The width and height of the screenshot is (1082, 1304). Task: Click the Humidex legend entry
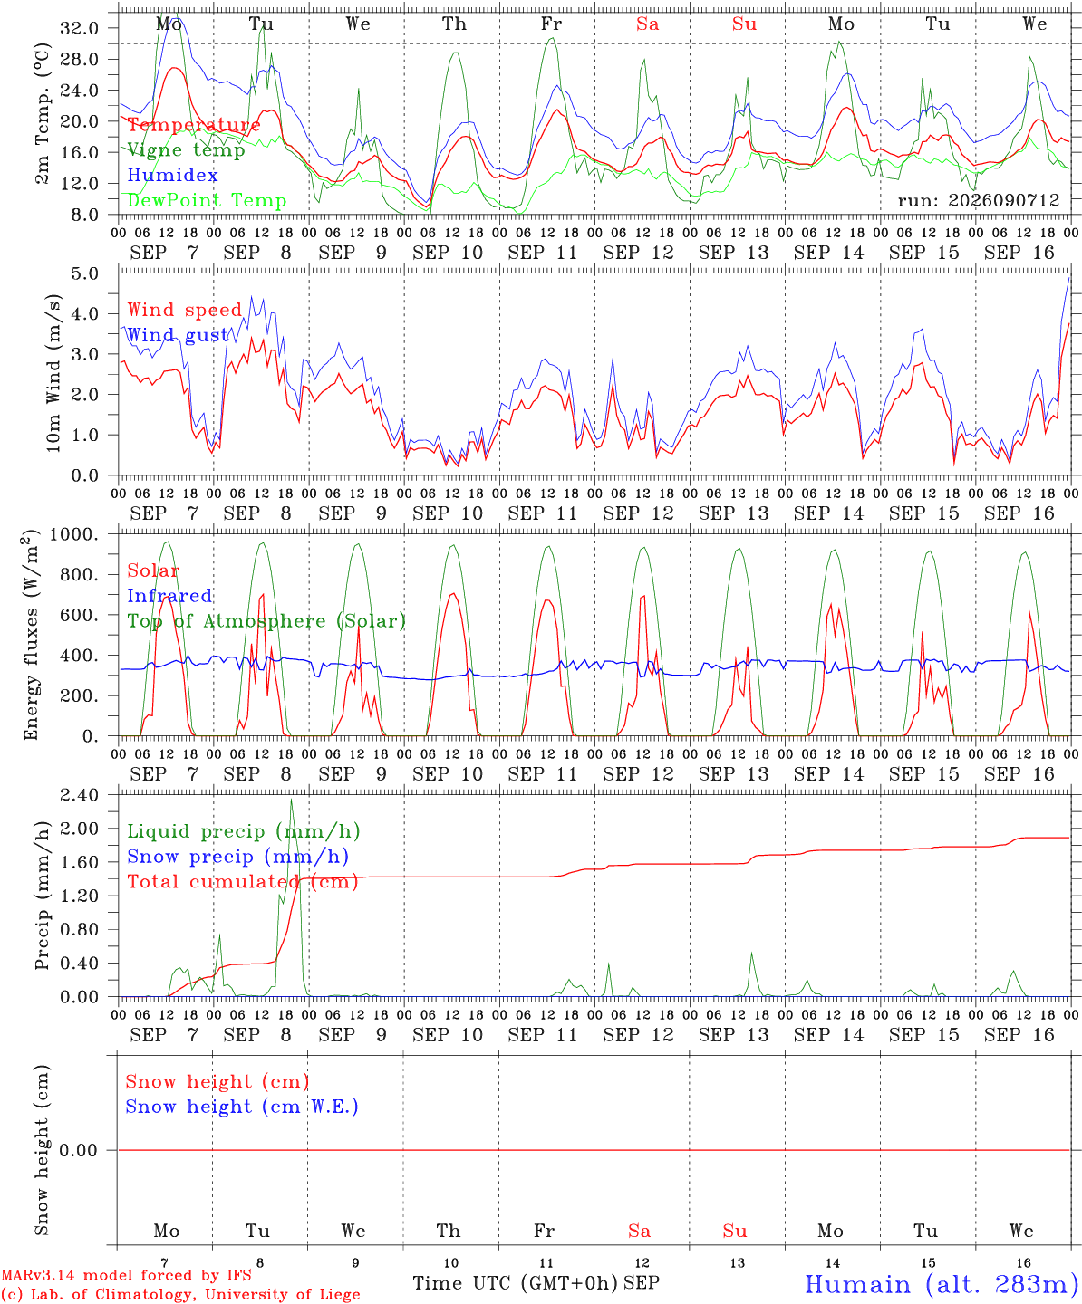pyautogui.click(x=172, y=175)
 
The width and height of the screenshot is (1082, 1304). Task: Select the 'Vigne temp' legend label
pyautogui.click(x=186, y=150)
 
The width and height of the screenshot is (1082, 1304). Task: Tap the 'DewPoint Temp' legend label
pyautogui.click(x=207, y=200)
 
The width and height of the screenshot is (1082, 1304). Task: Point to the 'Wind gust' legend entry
pyautogui.click(x=178, y=335)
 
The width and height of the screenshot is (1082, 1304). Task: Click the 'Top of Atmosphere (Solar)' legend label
pyautogui.click(x=266, y=621)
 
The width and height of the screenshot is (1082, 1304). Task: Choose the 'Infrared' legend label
pyautogui.click(x=169, y=596)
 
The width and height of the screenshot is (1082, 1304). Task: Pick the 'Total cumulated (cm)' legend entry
pyautogui.click(x=243, y=882)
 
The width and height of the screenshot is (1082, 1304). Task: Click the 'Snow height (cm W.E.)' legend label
pyautogui.click(x=242, y=1107)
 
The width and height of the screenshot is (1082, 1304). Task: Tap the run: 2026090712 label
pyautogui.click(x=979, y=200)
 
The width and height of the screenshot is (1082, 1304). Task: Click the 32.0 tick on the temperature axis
pyautogui.click(x=79, y=28)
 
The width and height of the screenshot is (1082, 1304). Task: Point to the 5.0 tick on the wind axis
pyautogui.click(x=84, y=273)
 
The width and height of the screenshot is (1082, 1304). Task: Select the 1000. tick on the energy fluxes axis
pyautogui.click(x=73, y=534)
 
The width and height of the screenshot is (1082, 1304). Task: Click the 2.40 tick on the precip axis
pyautogui.click(x=79, y=796)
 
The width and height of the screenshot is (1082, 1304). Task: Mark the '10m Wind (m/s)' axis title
pyautogui.click(x=53, y=373)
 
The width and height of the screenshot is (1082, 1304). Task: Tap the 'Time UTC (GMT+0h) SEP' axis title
pyautogui.click(x=536, y=1283)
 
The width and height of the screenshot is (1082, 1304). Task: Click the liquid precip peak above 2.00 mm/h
pyautogui.click(x=291, y=800)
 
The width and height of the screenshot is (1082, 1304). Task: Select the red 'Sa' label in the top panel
pyautogui.click(x=648, y=24)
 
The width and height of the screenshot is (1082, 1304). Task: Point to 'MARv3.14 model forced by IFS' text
pyautogui.click(x=126, y=1275)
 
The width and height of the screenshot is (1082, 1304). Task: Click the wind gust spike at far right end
pyautogui.click(x=1069, y=278)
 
